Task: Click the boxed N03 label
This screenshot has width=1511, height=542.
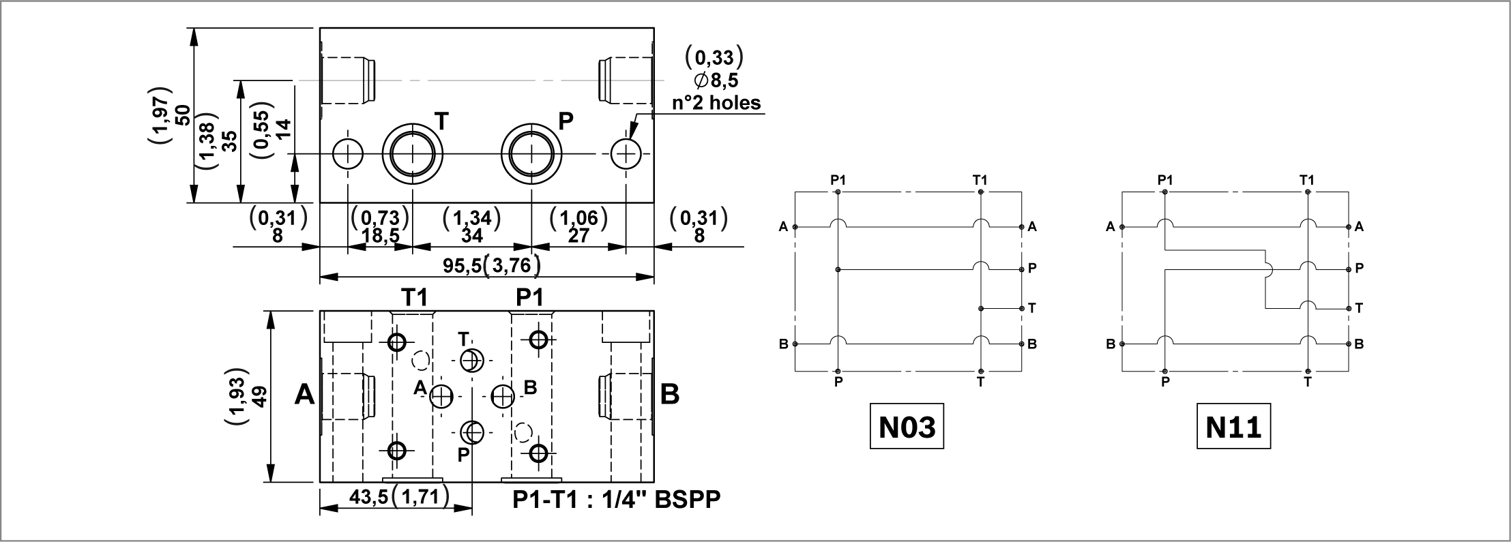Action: coord(907,427)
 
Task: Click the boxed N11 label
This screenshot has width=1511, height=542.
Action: coord(1233,427)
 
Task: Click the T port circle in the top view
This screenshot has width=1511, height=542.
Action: coord(413,153)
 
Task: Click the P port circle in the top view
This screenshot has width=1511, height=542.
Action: coord(531,153)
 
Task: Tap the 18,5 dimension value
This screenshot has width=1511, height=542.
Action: coord(380,235)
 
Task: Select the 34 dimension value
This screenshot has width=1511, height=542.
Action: coord(471,235)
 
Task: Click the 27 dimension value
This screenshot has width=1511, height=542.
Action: coord(578,235)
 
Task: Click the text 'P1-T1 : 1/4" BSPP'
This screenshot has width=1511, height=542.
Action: coord(616,500)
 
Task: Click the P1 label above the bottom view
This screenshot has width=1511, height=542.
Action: coord(530,297)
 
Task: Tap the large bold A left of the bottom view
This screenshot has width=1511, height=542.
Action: coord(305,395)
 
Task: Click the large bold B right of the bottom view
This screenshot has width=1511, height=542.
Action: coord(670,394)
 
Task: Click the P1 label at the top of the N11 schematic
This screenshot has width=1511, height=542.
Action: coord(1165,180)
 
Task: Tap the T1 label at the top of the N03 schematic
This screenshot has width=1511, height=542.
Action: coord(980,180)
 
